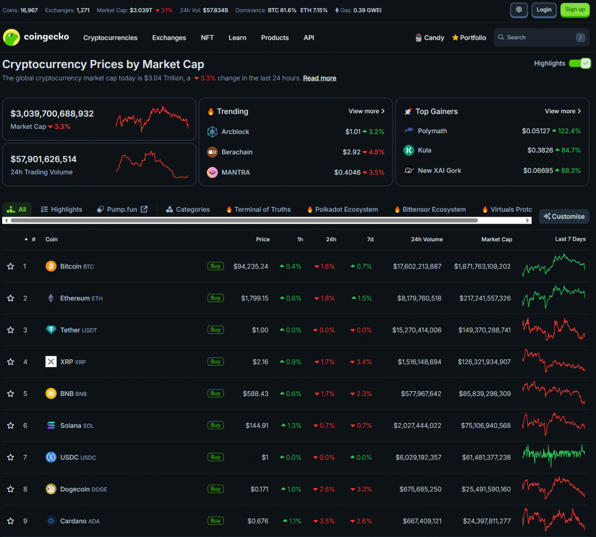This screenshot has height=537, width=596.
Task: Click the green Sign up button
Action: coord(575,10)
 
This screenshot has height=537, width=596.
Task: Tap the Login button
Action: coord(544,10)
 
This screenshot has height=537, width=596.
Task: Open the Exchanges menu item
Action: coord(169,38)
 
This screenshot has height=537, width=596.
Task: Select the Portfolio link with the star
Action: coord(469,38)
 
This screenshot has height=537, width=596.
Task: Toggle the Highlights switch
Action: coord(580,64)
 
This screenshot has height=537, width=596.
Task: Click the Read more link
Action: coord(319,78)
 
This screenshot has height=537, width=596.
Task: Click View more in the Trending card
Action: coord(366,111)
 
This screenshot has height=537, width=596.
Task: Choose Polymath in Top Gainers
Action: coord(432,131)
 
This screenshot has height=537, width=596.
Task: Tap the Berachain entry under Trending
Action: coord(237,152)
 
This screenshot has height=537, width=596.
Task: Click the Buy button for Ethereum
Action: coord(216,298)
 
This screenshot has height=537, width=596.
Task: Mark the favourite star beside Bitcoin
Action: coord(11,267)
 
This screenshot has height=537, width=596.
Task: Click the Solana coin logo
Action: coord(51,426)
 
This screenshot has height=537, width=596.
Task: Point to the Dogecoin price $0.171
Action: coord(260,490)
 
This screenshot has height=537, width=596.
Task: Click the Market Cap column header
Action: coord(496,239)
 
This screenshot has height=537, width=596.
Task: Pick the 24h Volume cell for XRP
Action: coord(419,362)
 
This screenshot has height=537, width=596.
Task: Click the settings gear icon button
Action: coord(519,10)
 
